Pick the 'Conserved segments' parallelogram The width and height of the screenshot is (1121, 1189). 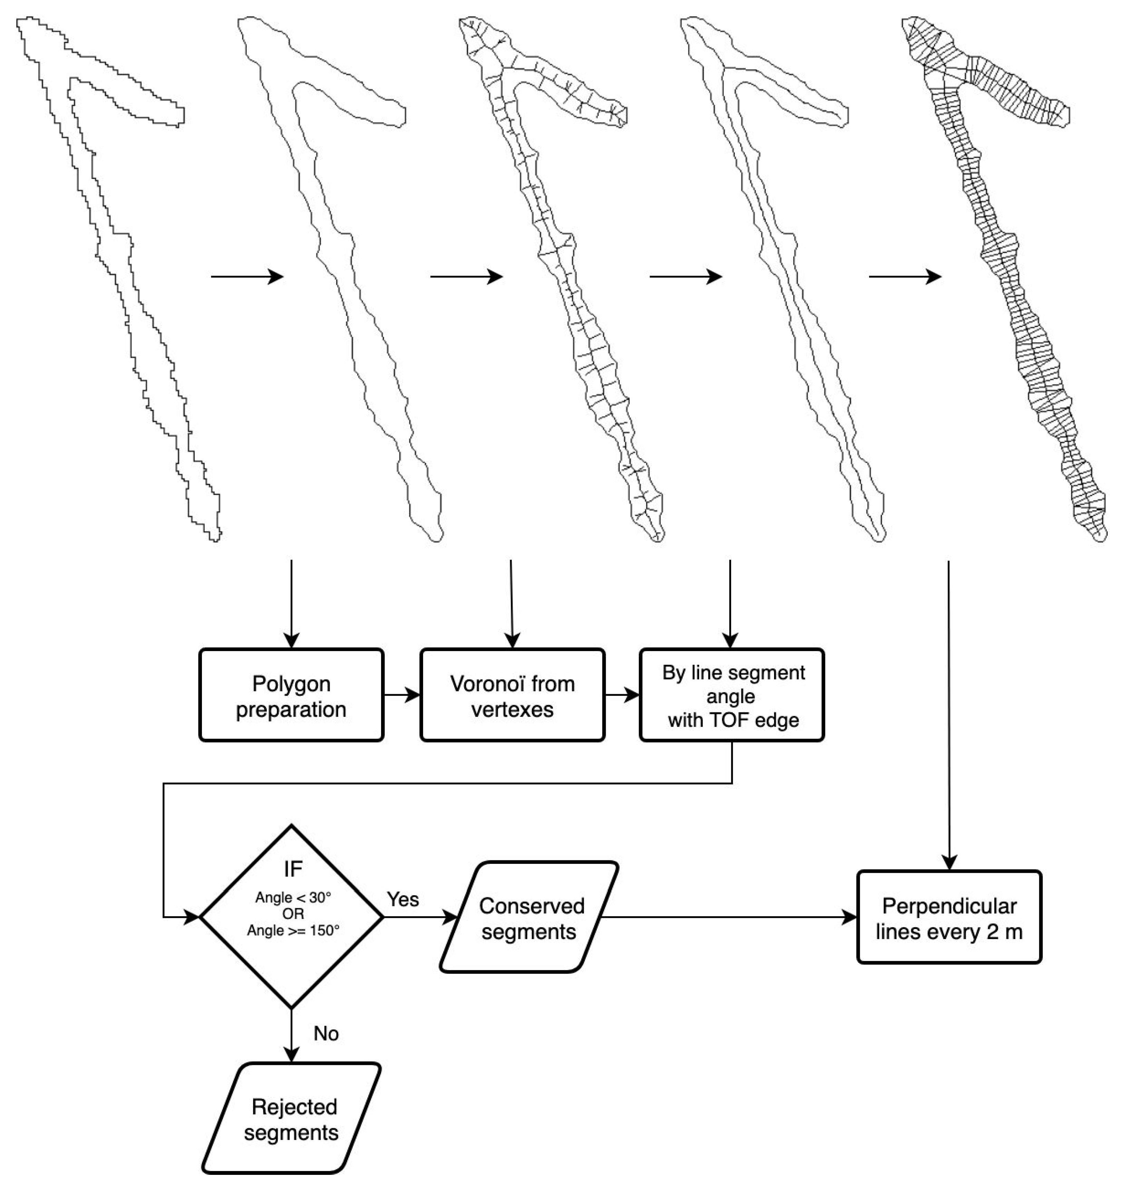pyautogui.click(x=529, y=918)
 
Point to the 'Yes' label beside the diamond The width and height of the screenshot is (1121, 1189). pyautogui.click(x=403, y=899)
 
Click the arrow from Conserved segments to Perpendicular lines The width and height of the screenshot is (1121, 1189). pyautogui.click(x=730, y=918)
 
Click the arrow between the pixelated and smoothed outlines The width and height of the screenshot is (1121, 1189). pyautogui.click(x=246, y=276)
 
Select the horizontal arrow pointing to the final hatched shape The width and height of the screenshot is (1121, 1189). pyautogui.click(x=905, y=276)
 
